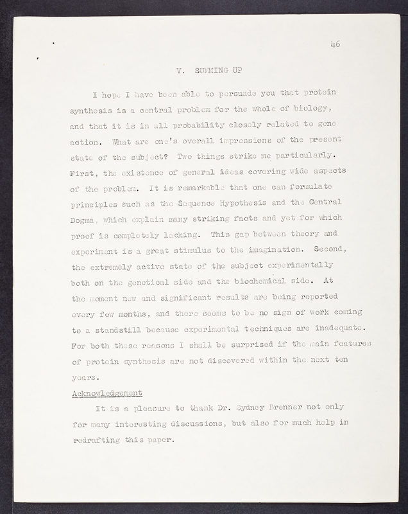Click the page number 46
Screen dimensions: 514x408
coord(335,44)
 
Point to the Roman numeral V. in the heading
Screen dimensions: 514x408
coord(180,68)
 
